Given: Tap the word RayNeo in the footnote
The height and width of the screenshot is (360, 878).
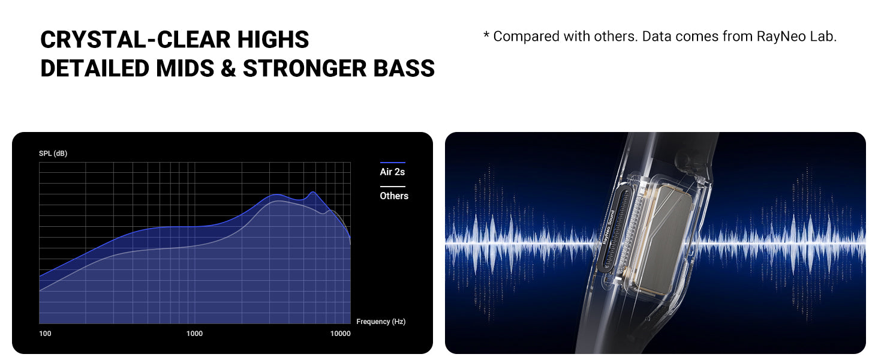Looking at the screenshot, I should (x=781, y=36).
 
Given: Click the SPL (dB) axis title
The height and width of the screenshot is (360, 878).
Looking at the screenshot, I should (x=53, y=154).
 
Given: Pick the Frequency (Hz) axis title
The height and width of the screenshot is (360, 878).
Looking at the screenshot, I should (x=381, y=322).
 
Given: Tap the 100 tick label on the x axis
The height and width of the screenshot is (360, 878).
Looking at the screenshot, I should (x=45, y=334).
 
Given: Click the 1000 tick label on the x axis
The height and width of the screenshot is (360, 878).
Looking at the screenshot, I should (x=194, y=334).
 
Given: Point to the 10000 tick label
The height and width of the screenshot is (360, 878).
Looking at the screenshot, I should (x=341, y=334).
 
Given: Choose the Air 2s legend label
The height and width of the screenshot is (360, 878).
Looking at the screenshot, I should (x=392, y=172).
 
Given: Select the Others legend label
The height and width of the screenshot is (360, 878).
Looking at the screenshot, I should (x=393, y=196).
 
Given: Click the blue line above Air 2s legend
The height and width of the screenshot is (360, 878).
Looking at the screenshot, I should (x=392, y=163).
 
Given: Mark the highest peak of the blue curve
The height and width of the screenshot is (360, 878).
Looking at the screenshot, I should (x=312, y=192).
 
